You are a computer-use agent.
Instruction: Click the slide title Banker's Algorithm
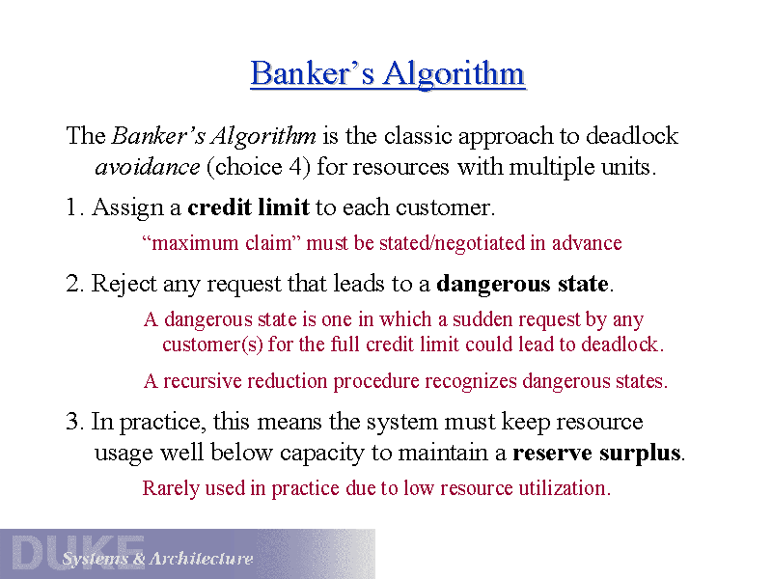click(x=387, y=74)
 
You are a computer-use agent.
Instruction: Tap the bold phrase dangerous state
click(x=522, y=285)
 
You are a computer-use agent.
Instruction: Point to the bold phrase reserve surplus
click(x=597, y=453)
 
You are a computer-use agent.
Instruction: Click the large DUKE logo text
click(x=77, y=553)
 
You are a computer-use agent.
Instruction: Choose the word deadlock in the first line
click(x=632, y=136)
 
